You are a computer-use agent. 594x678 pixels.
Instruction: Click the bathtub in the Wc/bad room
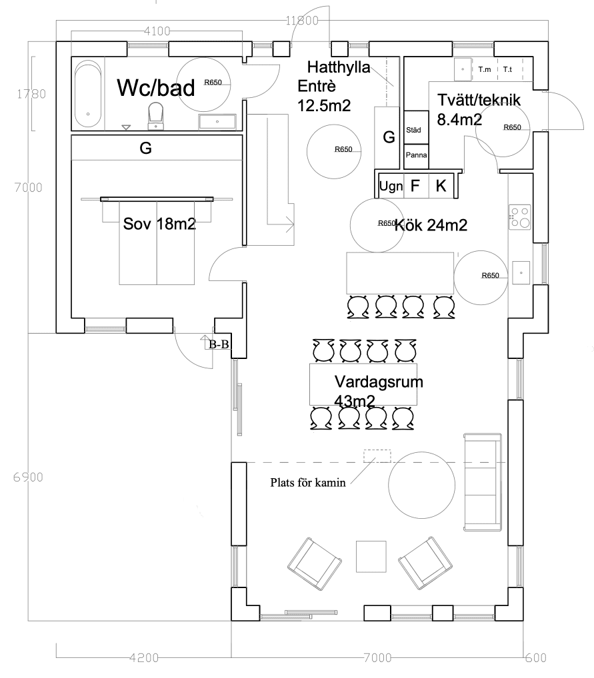click(88, 94)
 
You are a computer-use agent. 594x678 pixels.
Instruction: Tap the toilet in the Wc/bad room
click(156, 116)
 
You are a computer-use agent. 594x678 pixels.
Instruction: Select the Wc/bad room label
click(156, 88)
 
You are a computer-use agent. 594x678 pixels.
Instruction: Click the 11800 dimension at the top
click(302, 21)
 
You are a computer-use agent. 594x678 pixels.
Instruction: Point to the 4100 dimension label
click(157, 31)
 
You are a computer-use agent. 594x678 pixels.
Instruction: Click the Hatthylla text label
click(339, 67)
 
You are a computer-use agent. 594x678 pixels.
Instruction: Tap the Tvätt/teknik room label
click(479, 100)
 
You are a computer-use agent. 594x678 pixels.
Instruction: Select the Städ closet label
click(413, 130)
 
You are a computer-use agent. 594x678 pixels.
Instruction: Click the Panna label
click(417, 155)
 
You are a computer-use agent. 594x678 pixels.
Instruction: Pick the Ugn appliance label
click(391, 186)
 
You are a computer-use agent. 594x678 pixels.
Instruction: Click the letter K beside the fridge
click(441, 186)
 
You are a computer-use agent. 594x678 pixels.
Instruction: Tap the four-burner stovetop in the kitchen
click(519, 216)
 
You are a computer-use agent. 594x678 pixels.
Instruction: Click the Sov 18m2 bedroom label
click(159, 224)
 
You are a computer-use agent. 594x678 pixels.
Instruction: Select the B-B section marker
click(219, 344)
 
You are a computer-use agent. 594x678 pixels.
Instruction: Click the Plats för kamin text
click(308, 483)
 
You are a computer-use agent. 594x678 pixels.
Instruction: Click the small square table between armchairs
click(371, 557)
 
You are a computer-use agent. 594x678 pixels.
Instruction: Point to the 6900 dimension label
click(28, 477)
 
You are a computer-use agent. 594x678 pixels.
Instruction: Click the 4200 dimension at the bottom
click(144, 657)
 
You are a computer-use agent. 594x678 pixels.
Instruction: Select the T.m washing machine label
click(485, 69)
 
